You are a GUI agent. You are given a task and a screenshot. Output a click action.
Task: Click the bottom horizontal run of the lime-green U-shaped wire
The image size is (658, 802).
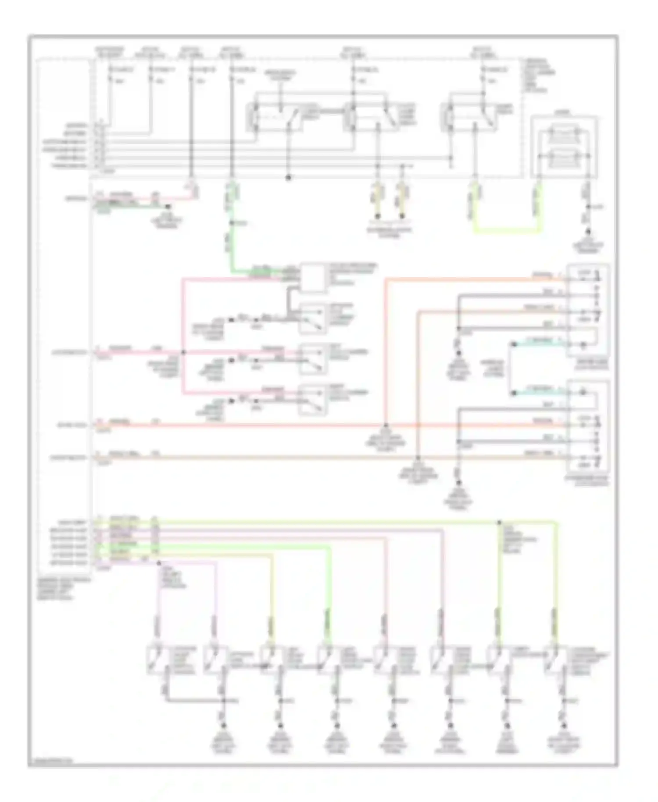(507, 230)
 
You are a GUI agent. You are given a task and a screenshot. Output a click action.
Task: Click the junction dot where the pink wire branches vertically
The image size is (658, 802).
(183, 352)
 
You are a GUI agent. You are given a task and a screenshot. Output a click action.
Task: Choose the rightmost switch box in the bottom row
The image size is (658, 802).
(554, 659)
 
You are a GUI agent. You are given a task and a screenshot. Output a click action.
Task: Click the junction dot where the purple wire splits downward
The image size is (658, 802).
(158, 562)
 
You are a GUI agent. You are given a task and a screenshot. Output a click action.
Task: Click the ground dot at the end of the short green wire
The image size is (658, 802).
(168, 206)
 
